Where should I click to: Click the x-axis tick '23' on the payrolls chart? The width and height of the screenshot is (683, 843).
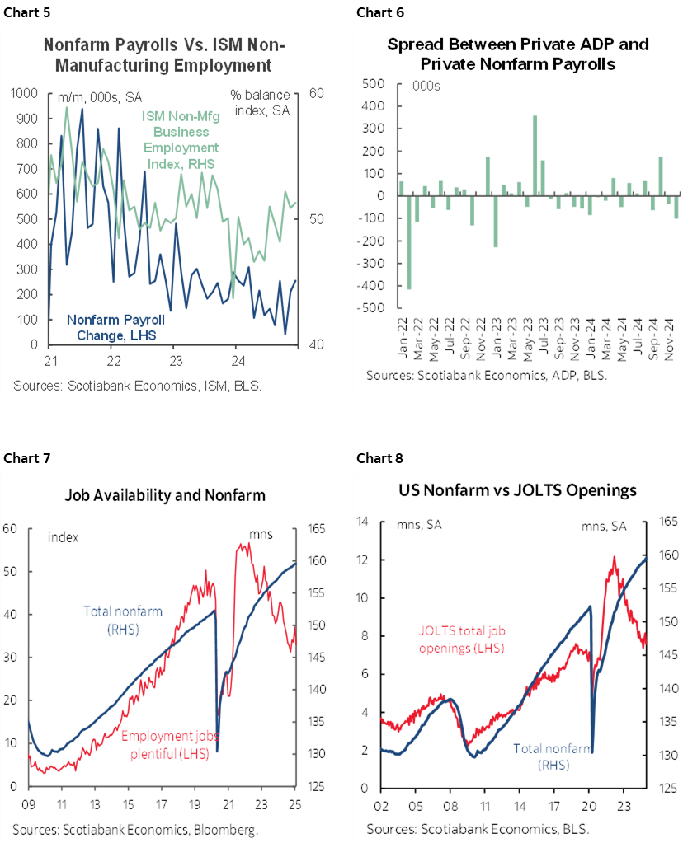coord(175,361)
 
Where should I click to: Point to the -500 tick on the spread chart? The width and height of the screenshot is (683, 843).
coord(372,308)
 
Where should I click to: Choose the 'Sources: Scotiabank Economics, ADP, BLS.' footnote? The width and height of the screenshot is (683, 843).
coord(486,376)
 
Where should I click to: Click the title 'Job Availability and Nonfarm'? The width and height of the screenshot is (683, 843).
coord(165,495)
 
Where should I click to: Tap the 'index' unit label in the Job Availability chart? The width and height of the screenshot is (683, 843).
coord(63,536)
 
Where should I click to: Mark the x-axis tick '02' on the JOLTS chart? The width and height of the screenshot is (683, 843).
coord(380,804)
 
